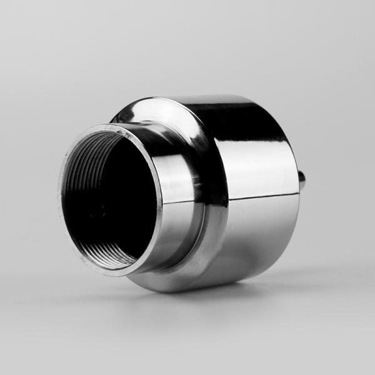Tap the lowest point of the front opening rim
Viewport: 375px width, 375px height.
pyautogui.click(x=119, y=276)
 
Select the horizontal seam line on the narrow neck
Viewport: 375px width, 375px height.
pyautogui.click(x=181, y=204)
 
